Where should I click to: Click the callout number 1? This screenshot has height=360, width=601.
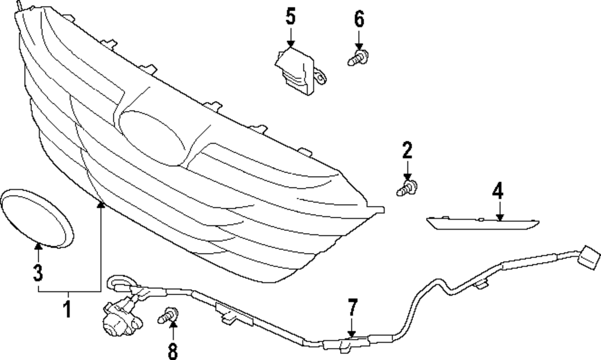point(67,310)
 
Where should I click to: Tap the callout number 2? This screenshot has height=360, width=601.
point(407,149)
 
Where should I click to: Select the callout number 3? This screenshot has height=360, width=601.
point(38,273)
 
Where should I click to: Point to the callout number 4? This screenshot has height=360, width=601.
point(497,191)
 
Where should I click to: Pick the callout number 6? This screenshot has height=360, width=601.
point(359,19)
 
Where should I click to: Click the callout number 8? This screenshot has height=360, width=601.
point(173,349)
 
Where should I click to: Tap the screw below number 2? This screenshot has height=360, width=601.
point(407,188)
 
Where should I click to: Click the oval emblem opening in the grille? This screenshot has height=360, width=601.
point(153,136)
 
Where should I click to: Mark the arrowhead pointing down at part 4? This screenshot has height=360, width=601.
point(498,217)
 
